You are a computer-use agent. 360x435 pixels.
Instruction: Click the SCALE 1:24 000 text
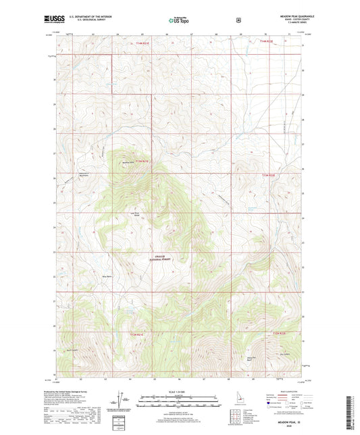tap(179, 392)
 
